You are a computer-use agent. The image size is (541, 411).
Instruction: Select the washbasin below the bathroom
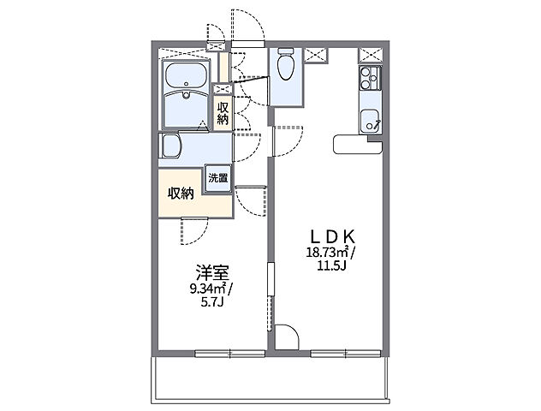pos(169,146)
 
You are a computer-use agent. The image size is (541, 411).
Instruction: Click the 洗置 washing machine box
pos(217,178)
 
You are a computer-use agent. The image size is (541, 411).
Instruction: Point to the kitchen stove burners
pos(370,81)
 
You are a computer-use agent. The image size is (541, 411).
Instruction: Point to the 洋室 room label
pos(211,273)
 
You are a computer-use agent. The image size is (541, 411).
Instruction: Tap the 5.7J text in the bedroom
pos(211,301)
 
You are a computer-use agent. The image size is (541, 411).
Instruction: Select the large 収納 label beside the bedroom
pos(181,193)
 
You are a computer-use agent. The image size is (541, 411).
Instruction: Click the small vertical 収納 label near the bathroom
pos(223,113)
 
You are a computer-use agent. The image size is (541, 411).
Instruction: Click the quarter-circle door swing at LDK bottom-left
pos(286,336)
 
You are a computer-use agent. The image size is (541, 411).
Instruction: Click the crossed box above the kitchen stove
pos(370,56)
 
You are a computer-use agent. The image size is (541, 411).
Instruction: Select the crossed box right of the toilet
pos(315,55)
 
